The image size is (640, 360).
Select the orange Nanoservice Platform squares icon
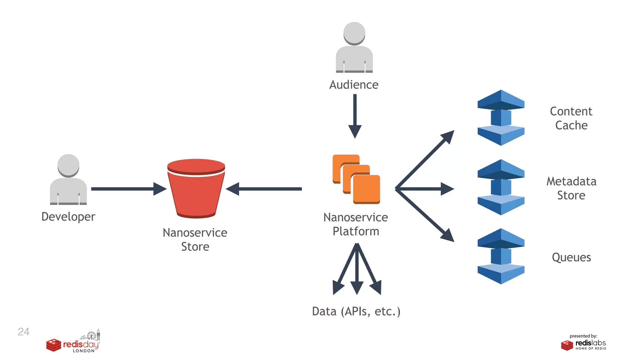tap(356, 179)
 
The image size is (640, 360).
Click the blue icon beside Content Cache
tap(501, 118)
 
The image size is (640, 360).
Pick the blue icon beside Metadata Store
tap(501, 187)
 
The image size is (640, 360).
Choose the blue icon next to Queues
tap(501, 256)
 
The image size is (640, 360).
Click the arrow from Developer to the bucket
tap(128, 189)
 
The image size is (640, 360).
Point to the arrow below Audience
tap(355, 116)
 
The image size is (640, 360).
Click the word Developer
tap(68, 217)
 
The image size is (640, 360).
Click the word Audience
tap(354, 85)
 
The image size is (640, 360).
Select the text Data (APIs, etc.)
tap(356, 311)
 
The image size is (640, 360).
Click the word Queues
tap(571, 257)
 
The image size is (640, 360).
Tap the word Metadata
tap(571, 181)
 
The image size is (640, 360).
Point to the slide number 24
tap(23, 332)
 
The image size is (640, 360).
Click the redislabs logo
tap(583, 344)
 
